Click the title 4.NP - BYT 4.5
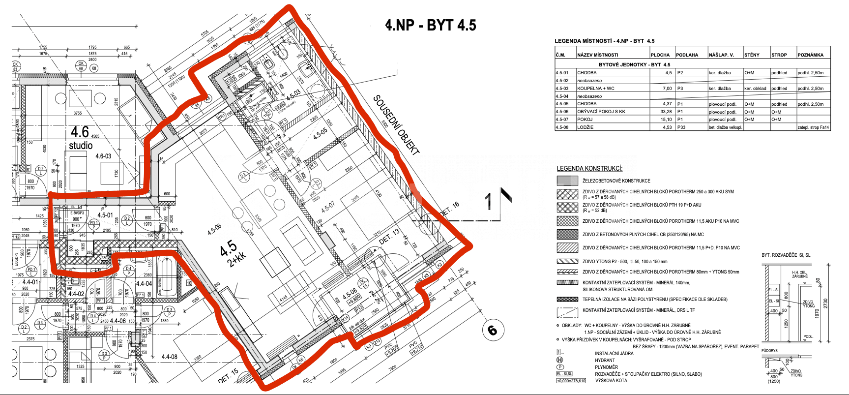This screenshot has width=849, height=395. (x=431, y=25)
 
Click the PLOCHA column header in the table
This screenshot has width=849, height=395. (x=660, y=55)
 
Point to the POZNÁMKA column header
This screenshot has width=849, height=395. (x=810, y=55)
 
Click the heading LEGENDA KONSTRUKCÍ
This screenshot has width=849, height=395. (x=589, y=168)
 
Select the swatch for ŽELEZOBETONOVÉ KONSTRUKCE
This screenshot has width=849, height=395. (x=567, y=181)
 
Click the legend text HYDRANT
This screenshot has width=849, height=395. (x=605, y=360)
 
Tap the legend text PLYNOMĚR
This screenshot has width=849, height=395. (x=606, y=367)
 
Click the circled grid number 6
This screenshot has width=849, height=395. (x=492, y=330)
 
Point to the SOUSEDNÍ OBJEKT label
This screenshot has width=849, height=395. (x=396, y=125)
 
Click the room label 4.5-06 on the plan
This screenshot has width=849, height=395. (x=214, y=229)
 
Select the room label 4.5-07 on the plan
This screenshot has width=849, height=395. (x=328, y=206)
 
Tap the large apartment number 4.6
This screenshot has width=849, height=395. (x=80, y=132)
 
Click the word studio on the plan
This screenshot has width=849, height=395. (x=81, y=146)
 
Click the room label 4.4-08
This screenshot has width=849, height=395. (x=169, y=357)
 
